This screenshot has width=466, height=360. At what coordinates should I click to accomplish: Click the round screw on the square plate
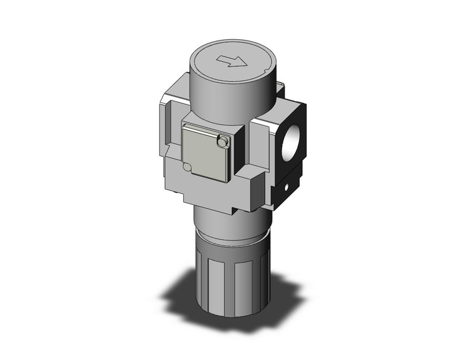[x=223, y=142]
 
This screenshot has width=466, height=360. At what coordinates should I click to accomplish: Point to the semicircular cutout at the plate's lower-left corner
[x=186, y=166]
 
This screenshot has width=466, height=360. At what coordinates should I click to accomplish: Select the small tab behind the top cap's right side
[x=280, y=91]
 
